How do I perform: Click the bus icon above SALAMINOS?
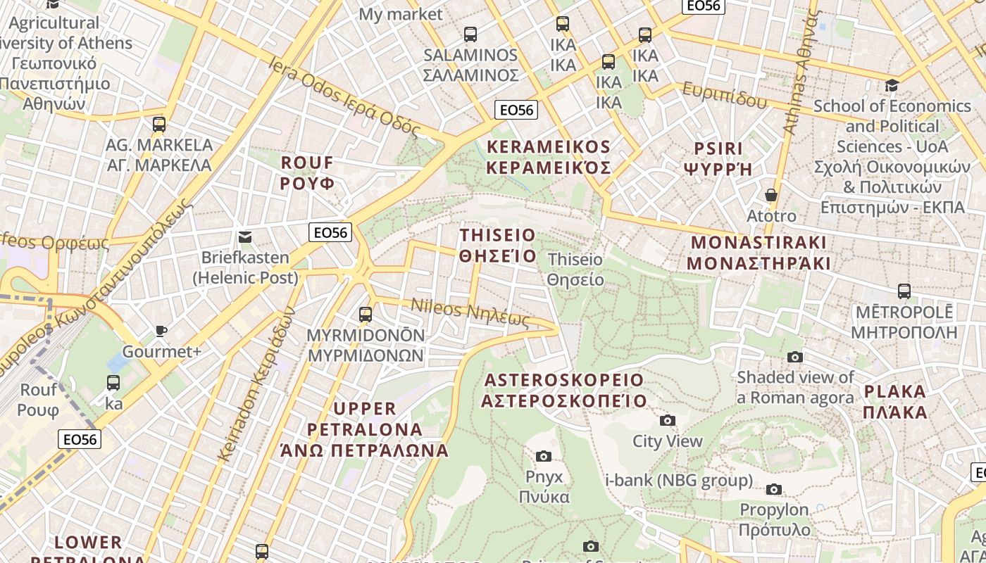click(470, 34)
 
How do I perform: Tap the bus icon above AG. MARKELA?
click(159, 125)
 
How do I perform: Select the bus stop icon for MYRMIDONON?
click(366, 314)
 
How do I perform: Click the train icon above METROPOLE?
click(904, 291)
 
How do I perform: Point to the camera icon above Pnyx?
click(544, 456)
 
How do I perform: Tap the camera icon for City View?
click(668, 421)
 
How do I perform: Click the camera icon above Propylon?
click(774, 489)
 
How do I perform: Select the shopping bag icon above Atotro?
click(771, 195)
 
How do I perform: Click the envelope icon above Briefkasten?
click(245, 237)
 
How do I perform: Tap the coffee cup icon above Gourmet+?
click(161, 331)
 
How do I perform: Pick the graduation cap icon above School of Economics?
click(892, 85)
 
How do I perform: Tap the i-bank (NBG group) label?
click(679, 481)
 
